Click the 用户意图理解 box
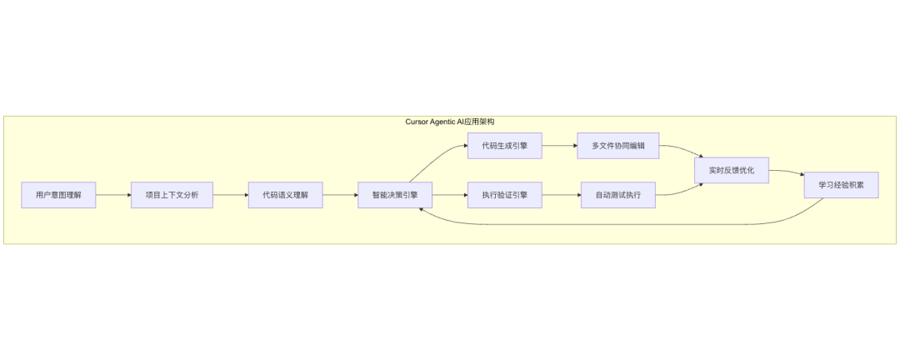[58, 195]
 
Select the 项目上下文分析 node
[172, 195]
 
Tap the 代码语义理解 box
[285, 195]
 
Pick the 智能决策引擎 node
[395, 195]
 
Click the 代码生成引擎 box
[504, 146]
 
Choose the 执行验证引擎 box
[504, 195]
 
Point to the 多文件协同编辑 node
[618, 146]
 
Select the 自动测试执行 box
[618, 195]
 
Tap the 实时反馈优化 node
[732, 170]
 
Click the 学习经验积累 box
[841, 184]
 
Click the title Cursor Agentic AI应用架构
[450, 122]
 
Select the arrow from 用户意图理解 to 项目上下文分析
[113, 195]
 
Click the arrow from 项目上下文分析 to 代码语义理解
[231, 195]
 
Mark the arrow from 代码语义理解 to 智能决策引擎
[340, 195]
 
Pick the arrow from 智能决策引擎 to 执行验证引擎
[450, 195]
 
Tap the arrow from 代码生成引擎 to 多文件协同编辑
[559, 146]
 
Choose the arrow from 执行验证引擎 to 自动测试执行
[561, 195]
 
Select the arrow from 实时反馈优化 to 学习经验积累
[787, 173]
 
